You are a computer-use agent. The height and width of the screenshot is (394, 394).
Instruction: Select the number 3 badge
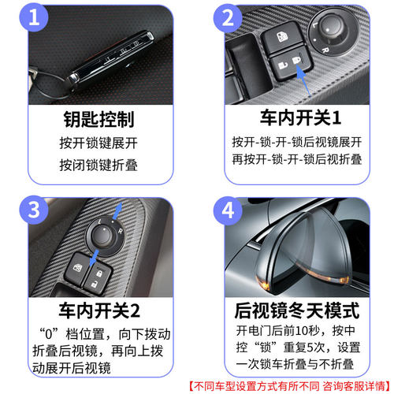click(x=33, y=212)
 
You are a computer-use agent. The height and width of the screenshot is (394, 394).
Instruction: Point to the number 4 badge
click(x=226, y=212)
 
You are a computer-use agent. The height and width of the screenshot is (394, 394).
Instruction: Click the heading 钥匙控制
click(x=98, y=120)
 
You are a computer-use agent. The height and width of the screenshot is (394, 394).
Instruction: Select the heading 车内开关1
click(x=296, y=120)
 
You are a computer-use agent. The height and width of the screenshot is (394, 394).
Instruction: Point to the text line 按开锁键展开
click(x=98, y=143)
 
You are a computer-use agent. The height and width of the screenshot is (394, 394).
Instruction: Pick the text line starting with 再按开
click(x=296, y=158)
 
